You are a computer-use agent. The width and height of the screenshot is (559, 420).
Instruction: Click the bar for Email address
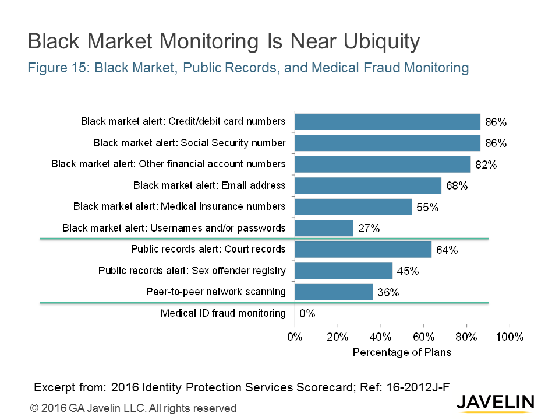(368, 185)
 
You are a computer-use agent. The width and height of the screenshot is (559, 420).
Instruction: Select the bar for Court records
(363, 249)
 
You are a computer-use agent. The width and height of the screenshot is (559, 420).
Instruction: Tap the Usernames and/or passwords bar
(324, 228)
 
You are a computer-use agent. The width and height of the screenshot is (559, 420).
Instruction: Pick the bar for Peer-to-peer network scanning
(334, 292)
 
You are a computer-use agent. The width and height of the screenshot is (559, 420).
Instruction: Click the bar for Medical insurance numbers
(353, 206)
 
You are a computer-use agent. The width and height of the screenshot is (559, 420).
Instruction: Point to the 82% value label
(486, 164)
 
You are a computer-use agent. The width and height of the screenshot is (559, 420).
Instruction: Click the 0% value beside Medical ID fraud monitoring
(307, 313)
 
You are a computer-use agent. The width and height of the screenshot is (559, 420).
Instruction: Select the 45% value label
(408, 271)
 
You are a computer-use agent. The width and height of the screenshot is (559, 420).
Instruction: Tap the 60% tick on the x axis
(423, 337)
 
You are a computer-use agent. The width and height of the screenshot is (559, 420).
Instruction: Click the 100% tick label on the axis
(510, 337)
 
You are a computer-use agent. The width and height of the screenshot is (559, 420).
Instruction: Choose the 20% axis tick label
(338, 337)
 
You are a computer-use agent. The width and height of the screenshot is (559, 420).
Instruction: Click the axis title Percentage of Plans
(402, 352)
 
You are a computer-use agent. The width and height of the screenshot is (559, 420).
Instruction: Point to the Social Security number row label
(189, 142)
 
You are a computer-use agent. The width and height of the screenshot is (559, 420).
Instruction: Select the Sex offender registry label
(192, 270)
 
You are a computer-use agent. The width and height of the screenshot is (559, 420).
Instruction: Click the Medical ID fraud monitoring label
(223, 313)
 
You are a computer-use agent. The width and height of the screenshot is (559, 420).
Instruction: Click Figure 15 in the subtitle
(58, 68)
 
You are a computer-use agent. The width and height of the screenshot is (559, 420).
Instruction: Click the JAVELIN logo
(495, 401)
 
